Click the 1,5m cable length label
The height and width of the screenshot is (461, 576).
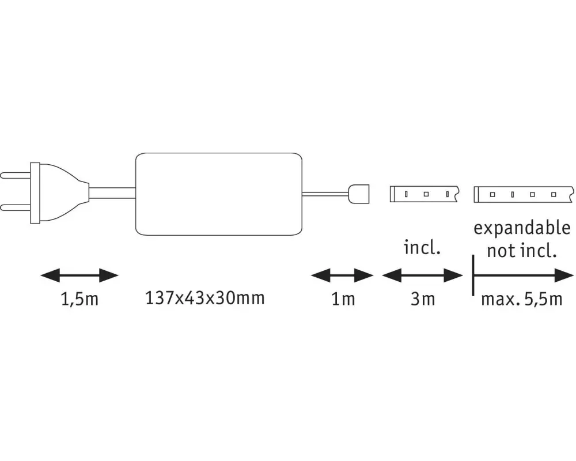click(79, 299)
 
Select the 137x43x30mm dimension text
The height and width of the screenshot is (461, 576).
click(205, 298)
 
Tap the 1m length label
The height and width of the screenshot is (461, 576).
click(343, 299)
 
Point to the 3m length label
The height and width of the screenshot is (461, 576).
click(423, 299)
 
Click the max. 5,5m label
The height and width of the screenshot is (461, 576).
click(522, 299)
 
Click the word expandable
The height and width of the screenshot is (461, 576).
click(522, 229)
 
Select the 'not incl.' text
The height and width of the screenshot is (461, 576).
click(522, 251)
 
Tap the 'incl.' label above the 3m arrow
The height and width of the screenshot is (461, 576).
click(422, 247)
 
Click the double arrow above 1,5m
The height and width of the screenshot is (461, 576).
click(79, 275)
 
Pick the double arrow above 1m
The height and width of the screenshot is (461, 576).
click(342, 275)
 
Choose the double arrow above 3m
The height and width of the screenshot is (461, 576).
click(422, 275)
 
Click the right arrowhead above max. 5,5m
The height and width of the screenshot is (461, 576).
click(564, 275)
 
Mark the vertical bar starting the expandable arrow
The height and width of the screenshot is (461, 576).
click(473, 275)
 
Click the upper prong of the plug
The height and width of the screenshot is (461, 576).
click(16, 175)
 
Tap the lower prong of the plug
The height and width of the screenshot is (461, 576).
click(16, 207)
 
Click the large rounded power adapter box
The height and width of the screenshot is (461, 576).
click(219, 194)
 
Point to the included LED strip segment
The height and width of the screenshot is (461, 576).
click(424, 194)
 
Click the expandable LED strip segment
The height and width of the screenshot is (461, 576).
click(524, 194)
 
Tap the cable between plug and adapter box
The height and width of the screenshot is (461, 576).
click(112, 193)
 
